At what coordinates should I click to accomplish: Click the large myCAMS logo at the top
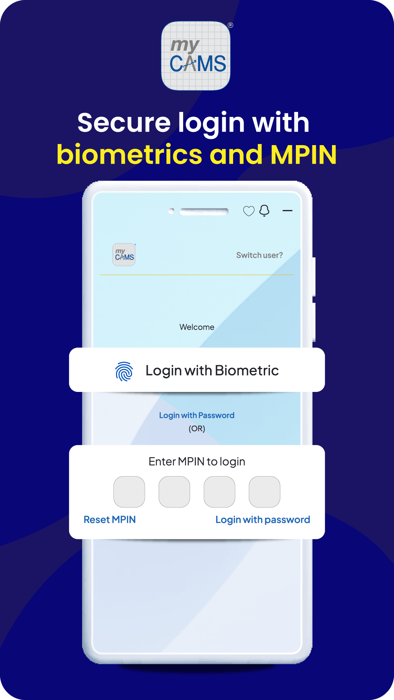pyautogui.click(x=196, y=56)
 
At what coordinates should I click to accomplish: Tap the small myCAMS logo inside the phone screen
pyautogui.click(x=124, y=254)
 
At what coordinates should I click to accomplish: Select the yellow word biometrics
pyautogui.click(x=129, y=155)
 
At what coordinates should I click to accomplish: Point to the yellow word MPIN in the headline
pyautogui.click(x=304, y=155)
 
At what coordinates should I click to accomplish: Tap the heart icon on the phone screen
pyautogui.click(x=249, y=211)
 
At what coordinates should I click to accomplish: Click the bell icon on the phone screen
pyautogui.click(x=264, y=210)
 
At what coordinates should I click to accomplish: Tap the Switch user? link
pyautogui.click(x=259, y=255)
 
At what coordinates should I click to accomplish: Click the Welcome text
pyautogui.click(x=197, y=327)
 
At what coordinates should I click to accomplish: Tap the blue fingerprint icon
pyautogui.click(x=124, y=371)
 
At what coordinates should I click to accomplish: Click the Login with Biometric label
pyautogui.click(x=212, y=370)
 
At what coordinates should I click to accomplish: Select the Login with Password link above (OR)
pyautogui.click(x=197, y=415)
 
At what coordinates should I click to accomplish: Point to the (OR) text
pyautogui.click(x=197, y=428)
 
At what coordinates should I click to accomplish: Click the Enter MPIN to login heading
pyautogui.click(x=197, y=462)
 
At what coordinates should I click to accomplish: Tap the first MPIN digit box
pyautogui.click(x=129, y=492)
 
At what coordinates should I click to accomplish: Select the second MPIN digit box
pyautogui.click(x=174, y=492)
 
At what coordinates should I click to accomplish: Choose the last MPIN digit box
pyautogui.click(x=264, y=492)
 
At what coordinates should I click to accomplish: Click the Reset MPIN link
pyautogui.click(x=110, y=520)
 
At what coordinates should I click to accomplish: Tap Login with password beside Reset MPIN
pyautogui.click(x=263, y=520)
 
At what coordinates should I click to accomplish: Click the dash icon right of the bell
pyautogui.click(x=287, y=211)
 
